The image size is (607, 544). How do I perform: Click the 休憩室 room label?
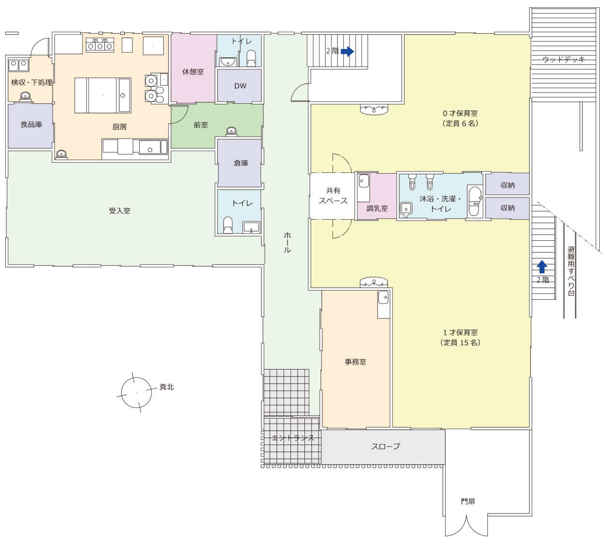tap(193, 72)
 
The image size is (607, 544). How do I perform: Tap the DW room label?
tap(240, 86)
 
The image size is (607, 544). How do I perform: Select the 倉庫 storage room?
tap(239, 163)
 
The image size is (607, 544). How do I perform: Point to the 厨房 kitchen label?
tap(119, 127)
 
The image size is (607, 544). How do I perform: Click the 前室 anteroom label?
tap(201, 125)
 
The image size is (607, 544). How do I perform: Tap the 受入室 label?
tap(119, 211)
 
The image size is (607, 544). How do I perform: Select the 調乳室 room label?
tap(377, 208)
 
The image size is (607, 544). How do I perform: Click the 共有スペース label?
tap(333, 195)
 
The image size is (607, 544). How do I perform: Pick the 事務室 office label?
tap(355, 362)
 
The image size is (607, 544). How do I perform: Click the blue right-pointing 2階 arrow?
tap(347, 51)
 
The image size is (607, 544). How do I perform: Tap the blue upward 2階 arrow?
tap(542, 266)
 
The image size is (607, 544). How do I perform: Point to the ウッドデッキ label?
tap(564, 59)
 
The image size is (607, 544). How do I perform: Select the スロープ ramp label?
tap(386, 446)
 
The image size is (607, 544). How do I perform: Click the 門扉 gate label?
tap(468, 501)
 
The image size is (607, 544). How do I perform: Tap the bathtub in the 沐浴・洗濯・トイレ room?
tap(475, 201)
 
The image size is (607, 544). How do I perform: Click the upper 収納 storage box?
tap(507, 184)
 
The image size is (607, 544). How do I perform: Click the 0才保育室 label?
tap(460, 113)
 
